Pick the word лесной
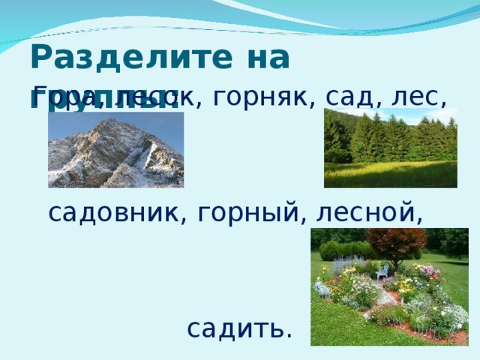(x=367, y=214)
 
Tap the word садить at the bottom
(x=239, y=328)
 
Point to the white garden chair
(x=382, y=271)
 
